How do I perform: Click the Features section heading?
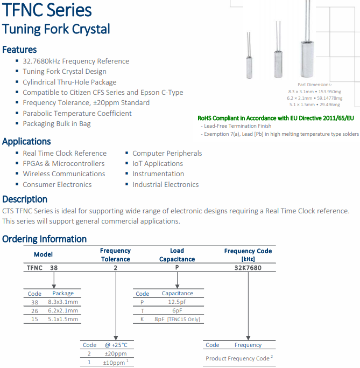click(x=19, y=50)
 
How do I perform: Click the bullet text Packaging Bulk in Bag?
click(x=57, y=123)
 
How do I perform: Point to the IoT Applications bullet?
click(x=158, y=163)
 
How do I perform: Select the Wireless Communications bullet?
click(x=63, y=173)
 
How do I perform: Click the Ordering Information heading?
click(x=44, y=239)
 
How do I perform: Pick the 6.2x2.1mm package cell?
click(x=63, y=310)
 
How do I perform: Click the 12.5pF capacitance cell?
click(x=177, y=302)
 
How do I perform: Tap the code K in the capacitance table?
click(x=142, y=319)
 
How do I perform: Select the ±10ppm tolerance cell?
click(x=115, y=362)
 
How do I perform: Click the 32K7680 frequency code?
click(x=248, y=267)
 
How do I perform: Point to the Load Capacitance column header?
click(x=177, y=255)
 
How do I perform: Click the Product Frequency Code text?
click(x=237, y=358)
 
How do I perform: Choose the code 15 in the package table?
click(x=35, y=319)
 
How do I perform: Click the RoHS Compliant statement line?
click(x=276, y=117)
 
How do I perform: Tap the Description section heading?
click(x=25, y=199)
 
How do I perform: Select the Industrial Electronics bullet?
click(x=165, y=184)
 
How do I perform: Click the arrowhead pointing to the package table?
click(x=53, y=286)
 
